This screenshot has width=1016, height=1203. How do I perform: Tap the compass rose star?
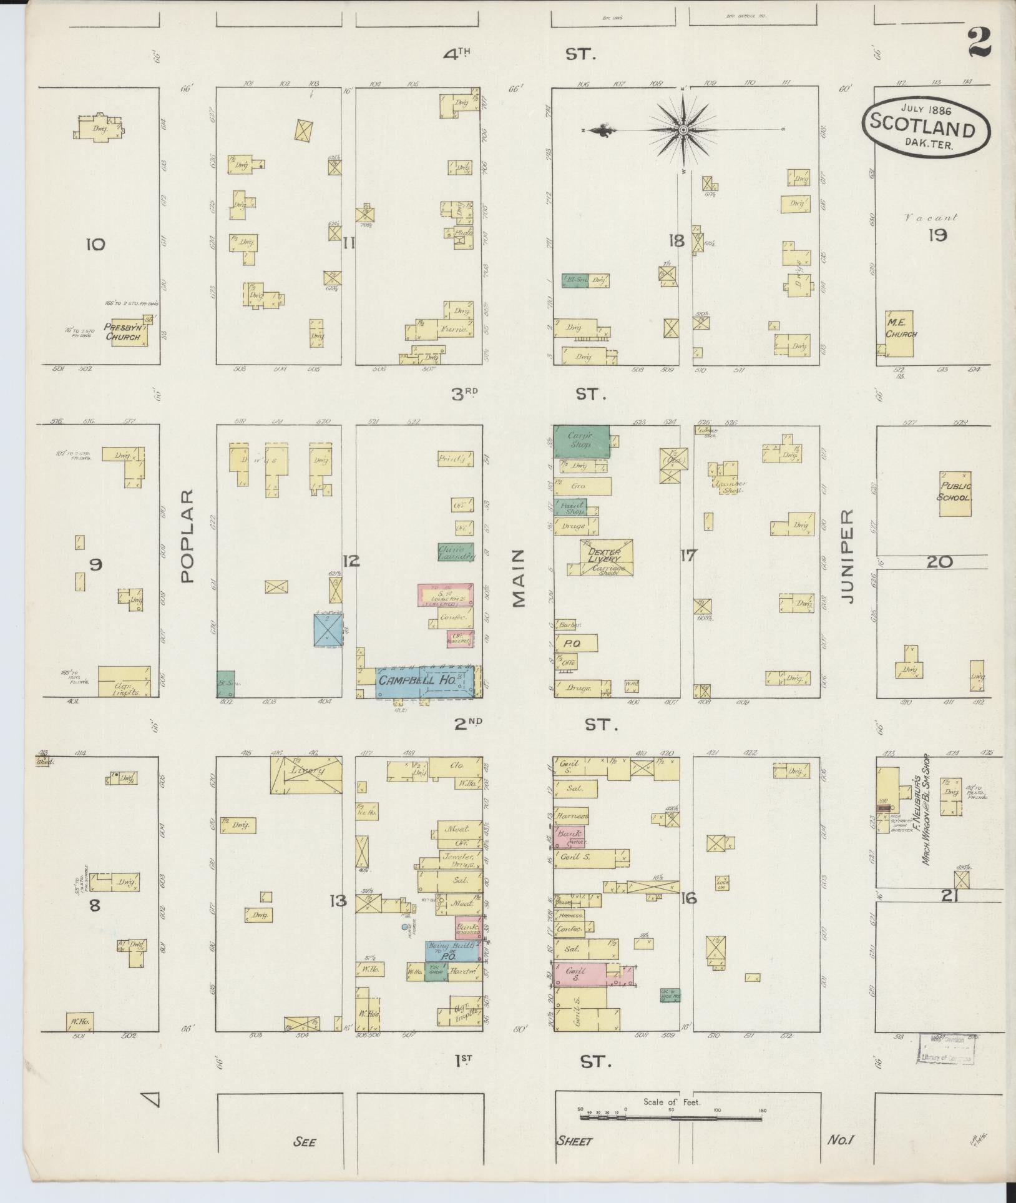[x=684, y=130]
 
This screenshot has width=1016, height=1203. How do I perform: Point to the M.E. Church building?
[x=899, y=333]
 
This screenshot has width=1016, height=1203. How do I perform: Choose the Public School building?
[x=955, y=493]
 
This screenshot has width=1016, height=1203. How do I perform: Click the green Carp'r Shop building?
[x=580, y=441]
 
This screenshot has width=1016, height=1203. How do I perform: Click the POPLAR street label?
[x=188, y=535]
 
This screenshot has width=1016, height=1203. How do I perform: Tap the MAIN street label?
[x=519, y=578]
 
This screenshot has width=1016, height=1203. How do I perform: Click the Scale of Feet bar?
[x=671, y=1117]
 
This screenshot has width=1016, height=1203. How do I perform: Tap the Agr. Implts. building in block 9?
[x=124, y=681]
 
